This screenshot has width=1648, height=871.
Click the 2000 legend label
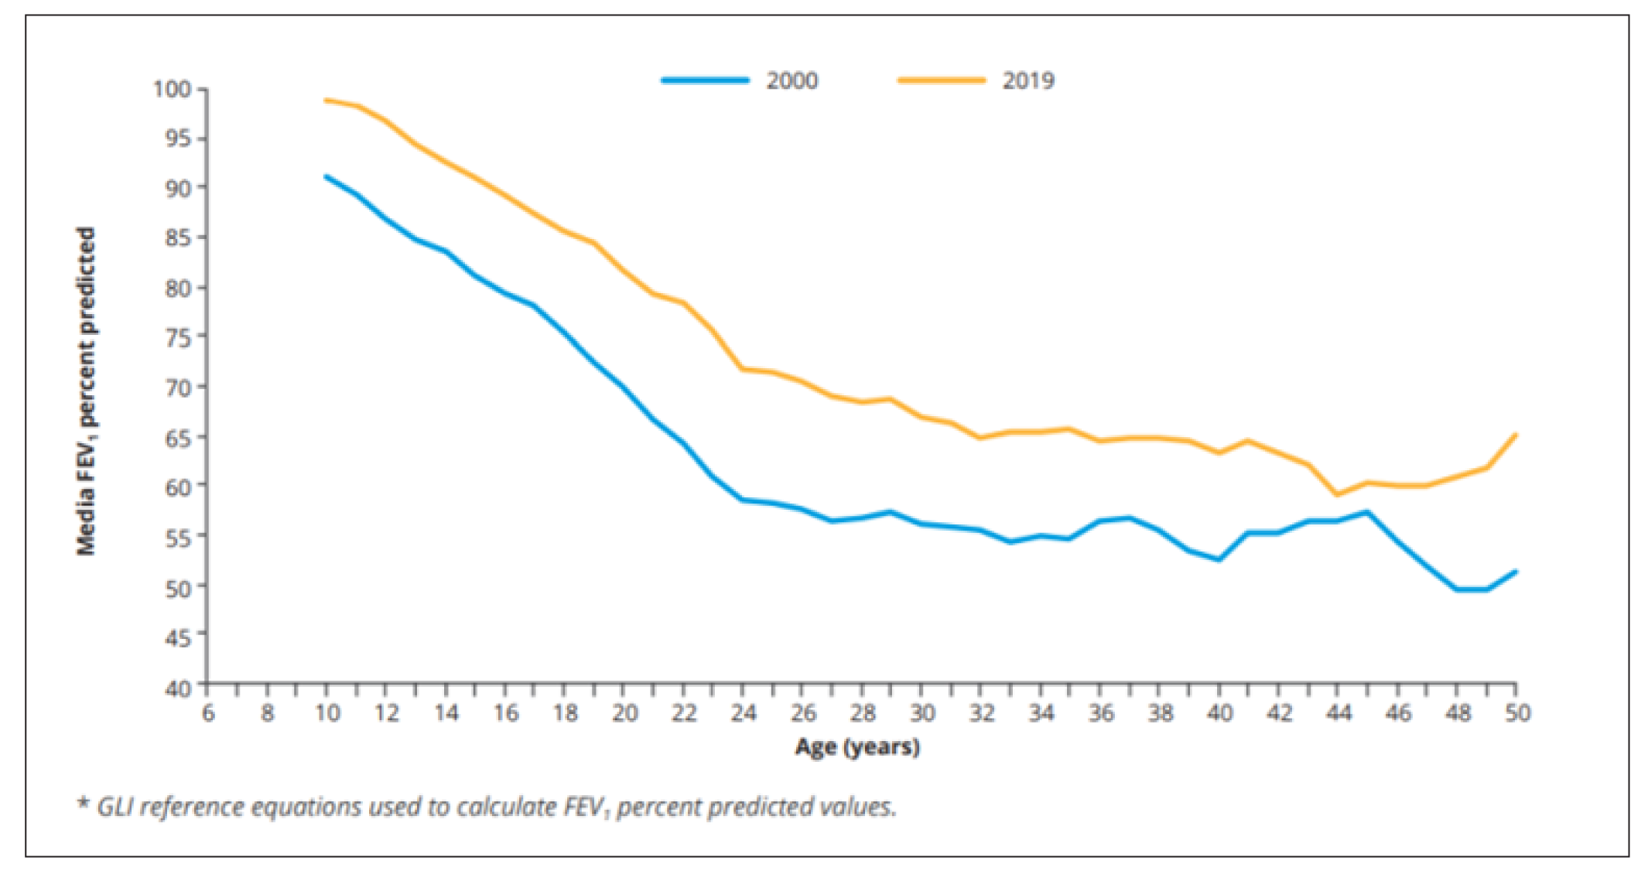pyautogui.click(x=792, y=80)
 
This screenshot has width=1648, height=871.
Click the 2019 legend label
pyautogui.click(x=1028, y=80)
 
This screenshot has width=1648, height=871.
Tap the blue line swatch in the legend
pyautogui.click(x=705, y=80)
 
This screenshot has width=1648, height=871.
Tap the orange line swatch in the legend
pyautogui.click(x=942, y=80)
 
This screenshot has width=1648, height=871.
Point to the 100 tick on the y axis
pyautogui.click(x=171, y=89)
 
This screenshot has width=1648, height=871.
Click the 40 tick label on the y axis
pyautogui.click(x=177, y=688)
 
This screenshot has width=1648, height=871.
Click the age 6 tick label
pyautogui.click(x=208, y=712)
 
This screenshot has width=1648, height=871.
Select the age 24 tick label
pyautogui.click(x=743, y=712)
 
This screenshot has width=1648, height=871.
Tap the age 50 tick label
pyautogui.click(x=1517, y=712)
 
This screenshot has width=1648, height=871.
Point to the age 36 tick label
pyautogui.click(x=1101, y=712)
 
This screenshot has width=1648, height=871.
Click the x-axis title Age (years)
pyautogui.click(x=857, y=746)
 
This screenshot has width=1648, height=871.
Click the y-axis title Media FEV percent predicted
pyautogui.click(x=86, y=391)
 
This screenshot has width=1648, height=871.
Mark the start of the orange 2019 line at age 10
pyautogui.click(x=327, y=100)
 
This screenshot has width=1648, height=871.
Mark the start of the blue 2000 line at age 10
pyautogui.click(x=327, y=176)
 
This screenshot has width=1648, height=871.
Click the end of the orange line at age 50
pyautogui.click(x=1516, y=435)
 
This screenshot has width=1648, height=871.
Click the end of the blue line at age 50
pyautogui.click(x=1516, y=572)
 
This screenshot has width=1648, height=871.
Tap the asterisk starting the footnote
pyautogui.click(x=83, y=803)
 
